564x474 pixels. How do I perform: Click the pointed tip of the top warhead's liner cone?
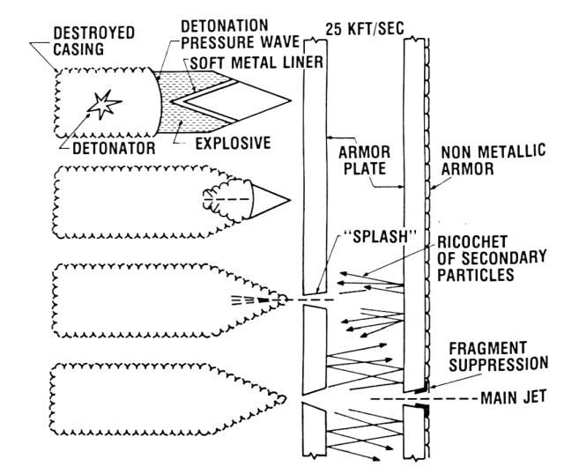tap(289, 95)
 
